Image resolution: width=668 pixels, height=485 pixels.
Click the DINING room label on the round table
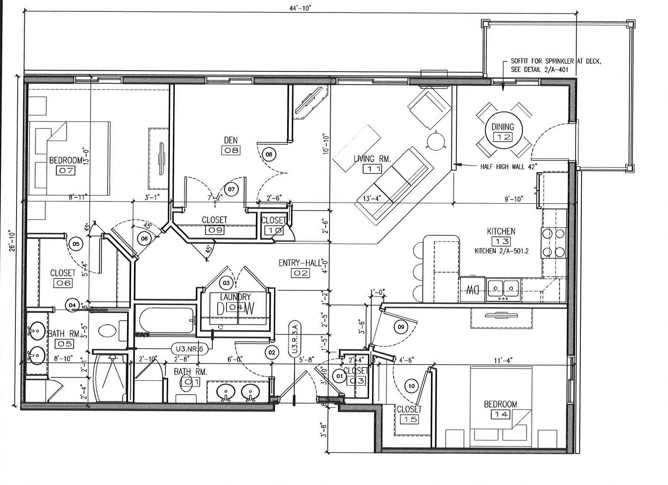[x=503, y=127]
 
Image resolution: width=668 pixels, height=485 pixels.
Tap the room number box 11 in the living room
[x=372, y=169]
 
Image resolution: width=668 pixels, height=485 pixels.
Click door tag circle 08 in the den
[x=269, y=154]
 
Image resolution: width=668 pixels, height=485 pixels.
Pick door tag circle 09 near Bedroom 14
[x=401, y=327]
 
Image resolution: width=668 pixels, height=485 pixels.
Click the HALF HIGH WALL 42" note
[x=509, y=166]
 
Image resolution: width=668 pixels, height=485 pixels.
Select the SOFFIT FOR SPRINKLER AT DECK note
[x=555, y=65]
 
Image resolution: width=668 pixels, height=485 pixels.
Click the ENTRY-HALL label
[x=300, y=263]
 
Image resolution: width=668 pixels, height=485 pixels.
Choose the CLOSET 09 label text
[x=215, y=220]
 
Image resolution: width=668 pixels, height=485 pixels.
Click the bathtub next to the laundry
[x=166, y=321]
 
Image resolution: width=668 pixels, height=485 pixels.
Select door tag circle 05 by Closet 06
[x=75, y=244]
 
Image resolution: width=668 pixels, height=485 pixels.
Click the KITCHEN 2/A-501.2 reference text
[x=502, y=251]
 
